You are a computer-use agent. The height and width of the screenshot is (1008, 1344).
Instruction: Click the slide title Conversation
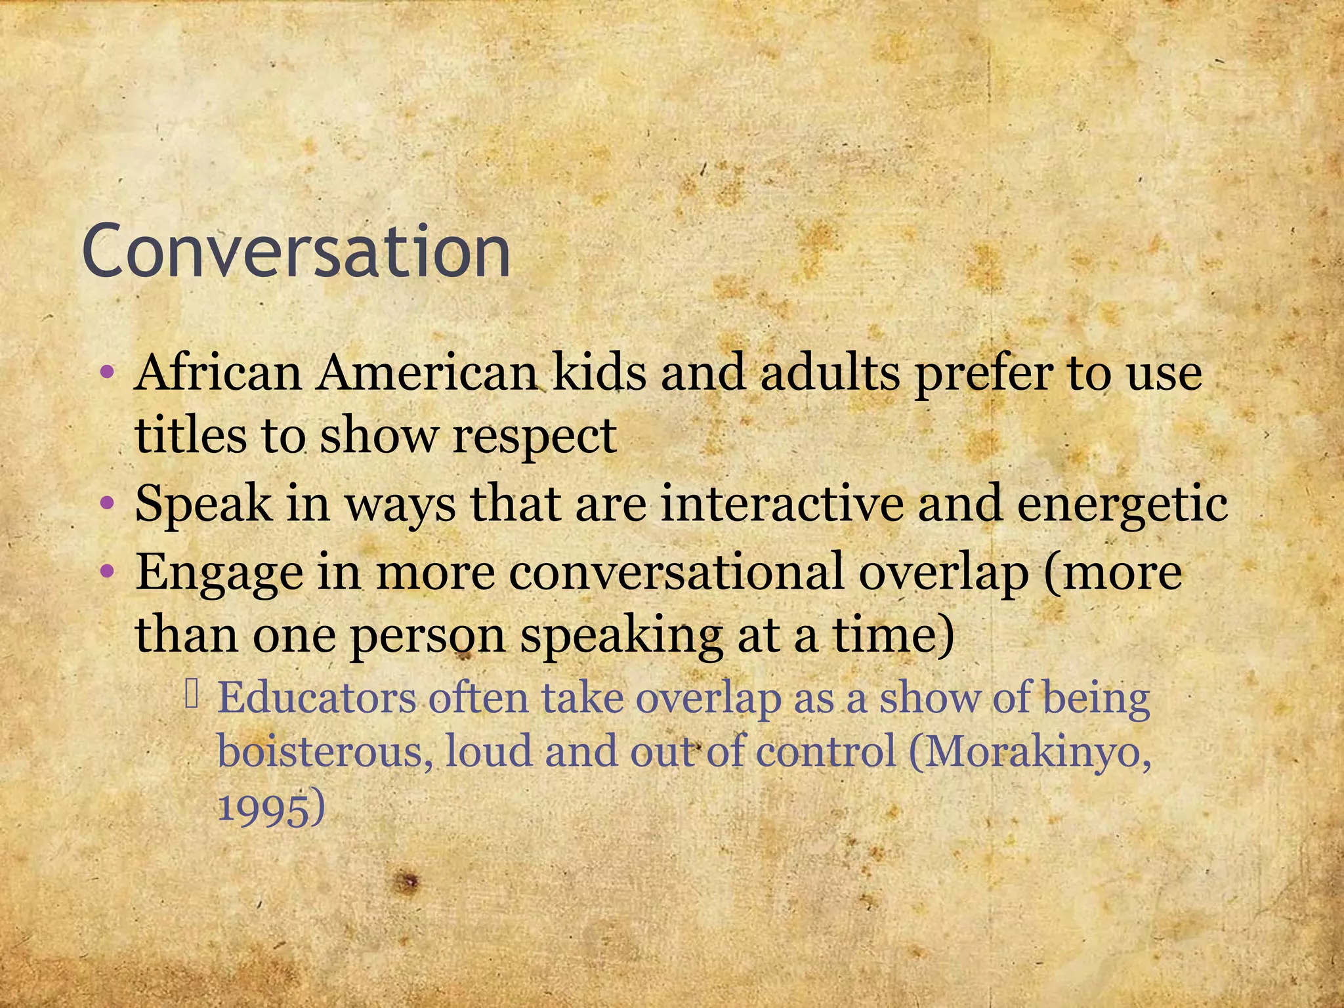[x=296, y=251]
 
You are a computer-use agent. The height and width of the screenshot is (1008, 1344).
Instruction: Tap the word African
[x=217, y=373]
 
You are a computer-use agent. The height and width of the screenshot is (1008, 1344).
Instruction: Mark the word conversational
[x=676, y=571]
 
